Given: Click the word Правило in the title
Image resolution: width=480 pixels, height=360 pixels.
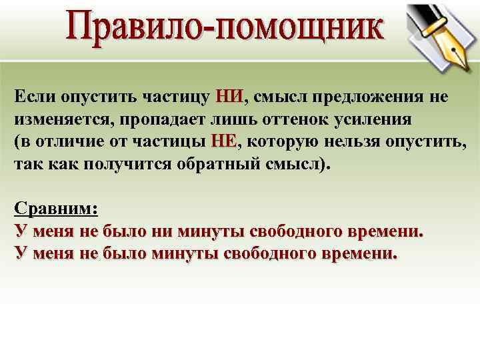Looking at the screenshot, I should (137, 30).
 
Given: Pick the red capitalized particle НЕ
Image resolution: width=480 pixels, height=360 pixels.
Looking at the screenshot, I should (224, 141).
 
